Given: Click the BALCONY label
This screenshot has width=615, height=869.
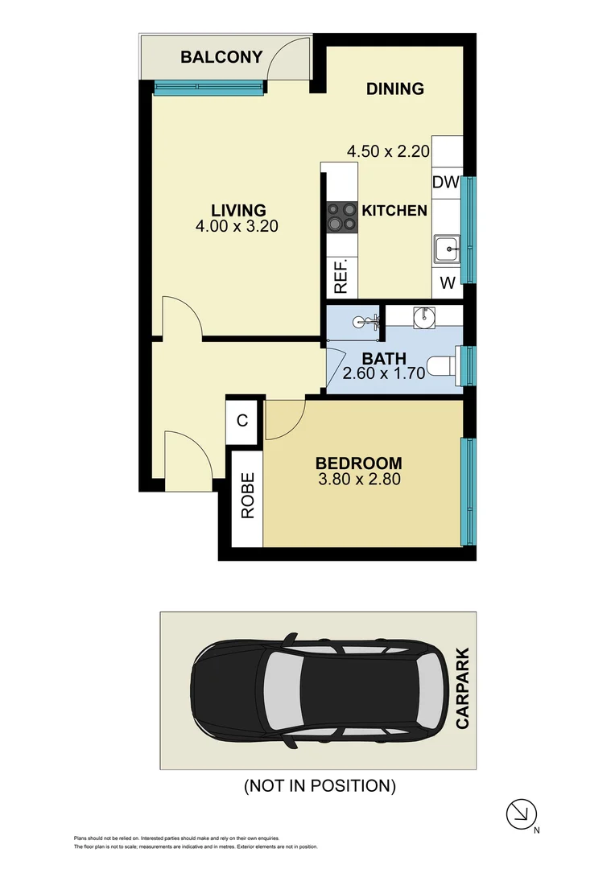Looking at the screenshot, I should point(221,57).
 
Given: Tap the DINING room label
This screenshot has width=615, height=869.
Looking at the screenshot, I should point(394,89).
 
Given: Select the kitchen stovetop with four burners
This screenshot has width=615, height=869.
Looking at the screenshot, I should point(341,216).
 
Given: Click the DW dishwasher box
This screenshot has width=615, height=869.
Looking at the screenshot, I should point(445,183).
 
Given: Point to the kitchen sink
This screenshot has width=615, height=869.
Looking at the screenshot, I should point(446,249).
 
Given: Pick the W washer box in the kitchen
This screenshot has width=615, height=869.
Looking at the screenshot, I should point(448,282).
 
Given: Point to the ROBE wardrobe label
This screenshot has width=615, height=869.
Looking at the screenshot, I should point(247,494).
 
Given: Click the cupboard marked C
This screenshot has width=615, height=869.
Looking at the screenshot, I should point(241,420).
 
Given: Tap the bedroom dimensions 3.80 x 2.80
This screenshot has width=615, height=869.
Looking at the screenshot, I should point(358,480).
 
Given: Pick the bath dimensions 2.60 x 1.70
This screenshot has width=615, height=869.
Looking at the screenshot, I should point(383,374).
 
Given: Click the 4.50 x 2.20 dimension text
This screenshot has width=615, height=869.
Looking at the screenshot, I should point(388,150).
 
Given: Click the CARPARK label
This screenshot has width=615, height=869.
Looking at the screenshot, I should point(462,690).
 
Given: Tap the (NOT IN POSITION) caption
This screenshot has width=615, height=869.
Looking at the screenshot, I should point(320,785).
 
